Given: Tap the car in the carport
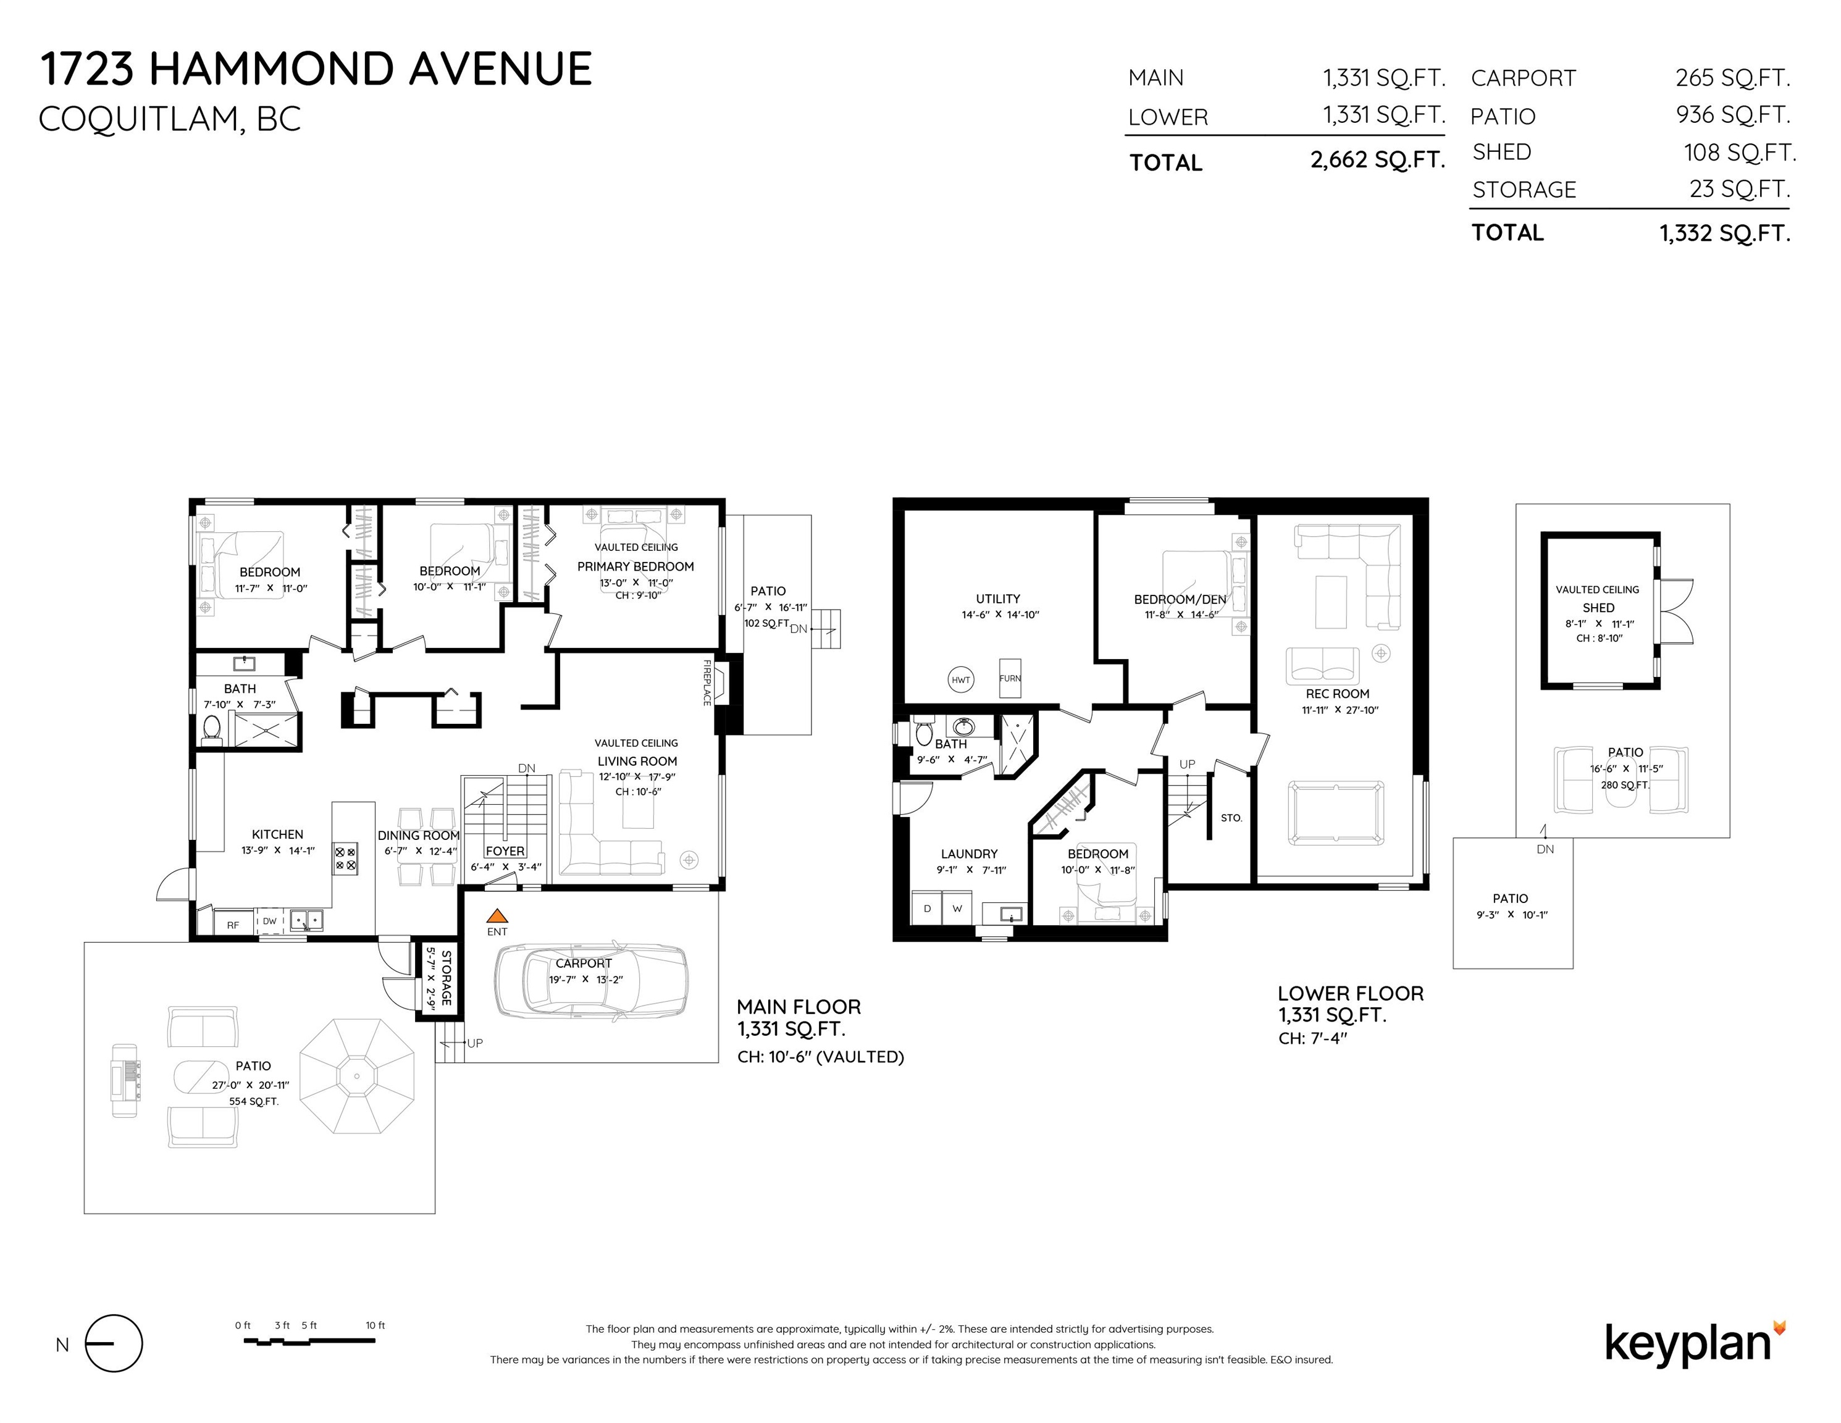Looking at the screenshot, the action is click(591, 979).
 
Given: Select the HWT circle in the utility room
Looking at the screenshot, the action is click(960, 679).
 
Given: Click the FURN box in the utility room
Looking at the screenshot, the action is click(1010, 678).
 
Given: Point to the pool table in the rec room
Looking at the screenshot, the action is click(1336, 813).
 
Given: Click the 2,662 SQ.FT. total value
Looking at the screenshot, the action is click(1377, 160).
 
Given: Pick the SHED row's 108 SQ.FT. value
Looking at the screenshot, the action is click(1740, 153).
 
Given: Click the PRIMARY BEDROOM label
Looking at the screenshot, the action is click(635, 566).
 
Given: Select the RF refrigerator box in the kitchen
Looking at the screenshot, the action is click(233, 924).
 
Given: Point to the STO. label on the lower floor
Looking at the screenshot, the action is click(1231, 818).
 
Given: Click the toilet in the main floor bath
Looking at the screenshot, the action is click(212, 729).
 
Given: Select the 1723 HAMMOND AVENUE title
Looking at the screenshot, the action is click(316, 69).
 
